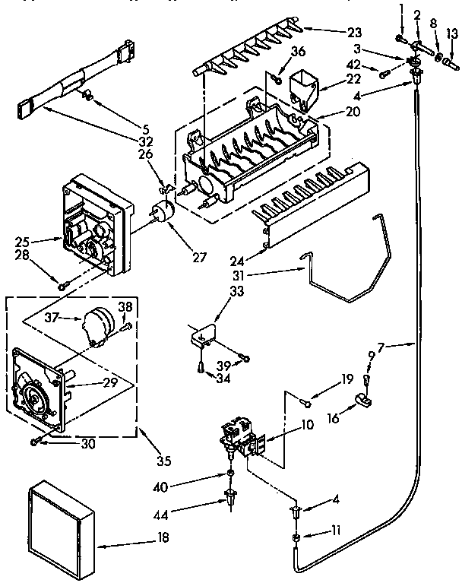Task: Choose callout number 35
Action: (x=163, y=461)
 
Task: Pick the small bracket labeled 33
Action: (x=205, y=333)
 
